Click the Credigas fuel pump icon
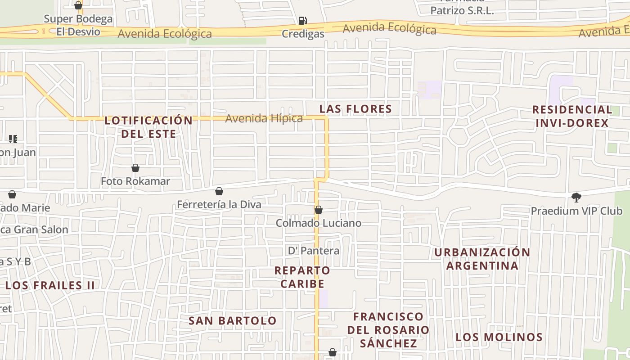[x=303, y=20]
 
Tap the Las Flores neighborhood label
[x=355, y=109]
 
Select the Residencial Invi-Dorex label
[x=572, y=116]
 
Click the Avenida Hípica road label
[x=264, y=118]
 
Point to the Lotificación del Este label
[x=148, y=127]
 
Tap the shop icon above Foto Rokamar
[x=135, y=168]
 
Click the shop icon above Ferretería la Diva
[x=219, y=191]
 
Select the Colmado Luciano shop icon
[x=319, y=210]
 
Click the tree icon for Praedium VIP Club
[x=576, y=197]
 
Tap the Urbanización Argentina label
[x=482, y=259]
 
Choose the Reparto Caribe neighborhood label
[x=302, y=277]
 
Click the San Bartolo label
[x=232, y=321]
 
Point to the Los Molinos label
[x=499, y=337]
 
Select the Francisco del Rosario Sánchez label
[x=388, y=330]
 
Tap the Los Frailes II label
[x=50, y=285]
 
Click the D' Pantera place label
[x=314, y=251]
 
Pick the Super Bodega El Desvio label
[x=78, y=25]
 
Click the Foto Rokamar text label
[x=135, y=181]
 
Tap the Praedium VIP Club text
[x=576, y=211]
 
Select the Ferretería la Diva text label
[x=219, y=205]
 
